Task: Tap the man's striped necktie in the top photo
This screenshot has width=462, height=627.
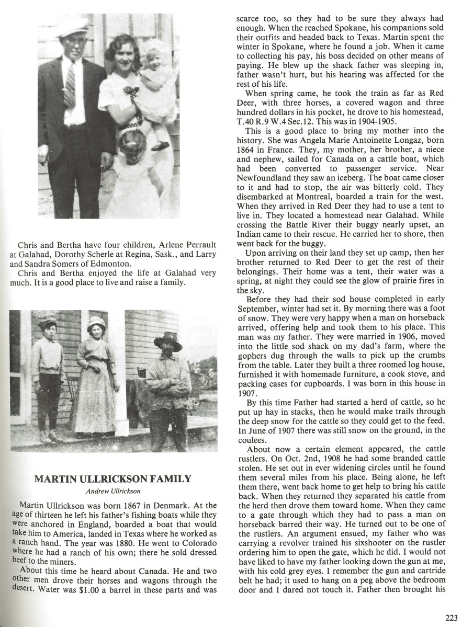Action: point(70,84)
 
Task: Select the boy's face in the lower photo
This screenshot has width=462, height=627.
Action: point(49,333)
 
